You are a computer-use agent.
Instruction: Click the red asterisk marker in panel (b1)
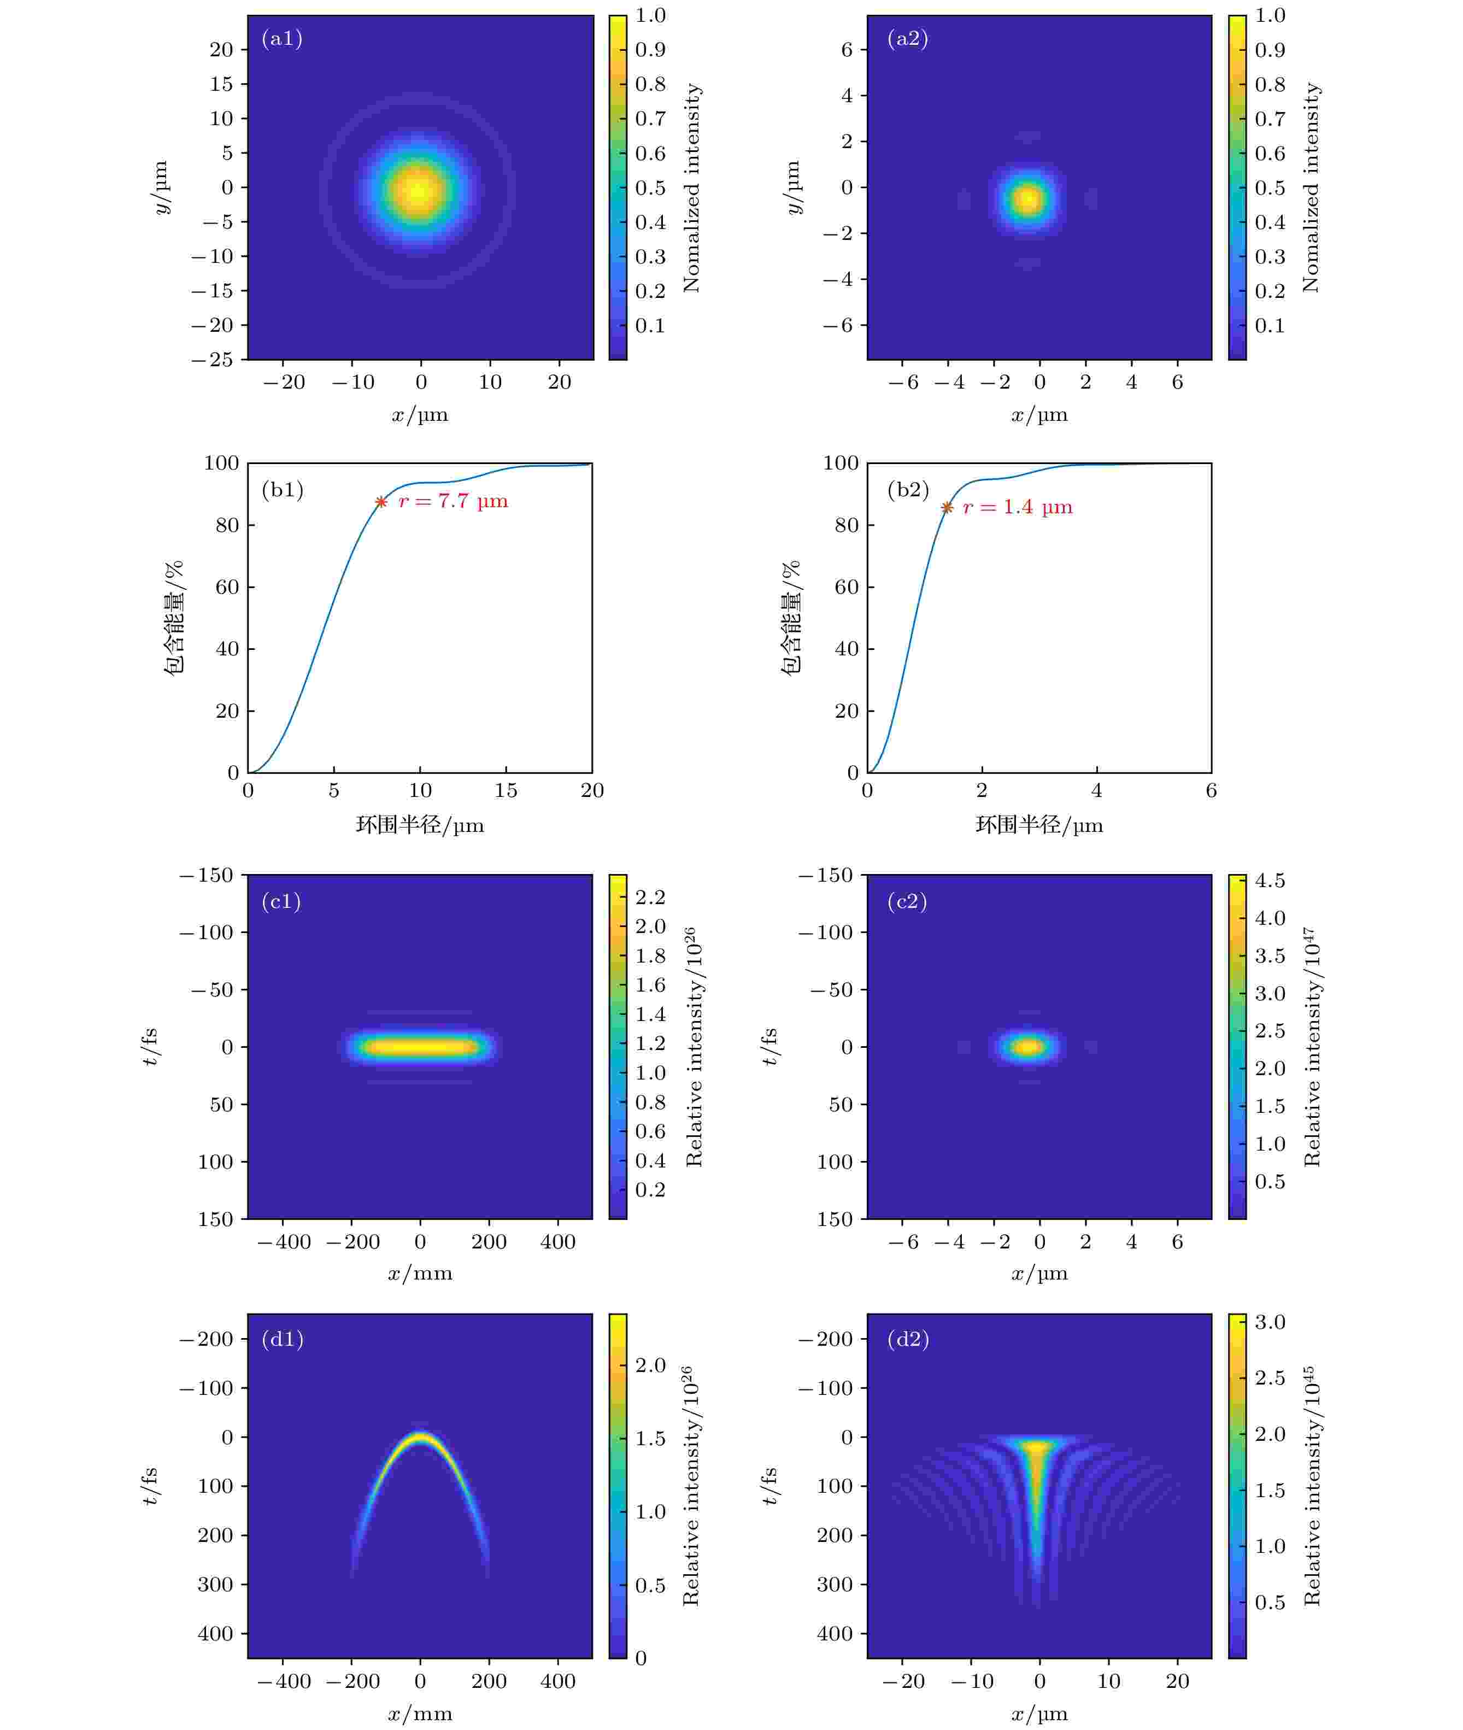[381, 502]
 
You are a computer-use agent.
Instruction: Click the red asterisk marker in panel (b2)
[947, 508]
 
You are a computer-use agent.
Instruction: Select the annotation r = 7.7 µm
[453, 502]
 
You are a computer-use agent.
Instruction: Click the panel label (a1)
[282, 39]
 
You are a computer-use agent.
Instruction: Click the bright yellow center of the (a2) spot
[1029, 199]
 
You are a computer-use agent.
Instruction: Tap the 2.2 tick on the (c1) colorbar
[651, 898]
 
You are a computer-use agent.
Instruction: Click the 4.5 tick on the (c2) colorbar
[1270, 881]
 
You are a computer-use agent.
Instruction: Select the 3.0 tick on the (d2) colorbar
[1270, 1322]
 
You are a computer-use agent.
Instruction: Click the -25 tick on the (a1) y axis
[213, 360]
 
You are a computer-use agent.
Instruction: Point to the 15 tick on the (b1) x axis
[506, 791]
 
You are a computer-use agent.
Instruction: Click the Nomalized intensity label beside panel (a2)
[1311, 187]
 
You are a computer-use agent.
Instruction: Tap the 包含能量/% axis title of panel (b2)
[792, 618]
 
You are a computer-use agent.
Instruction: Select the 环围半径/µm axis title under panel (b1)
[420, 825]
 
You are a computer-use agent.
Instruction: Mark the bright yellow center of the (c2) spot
[1029, 1047]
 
